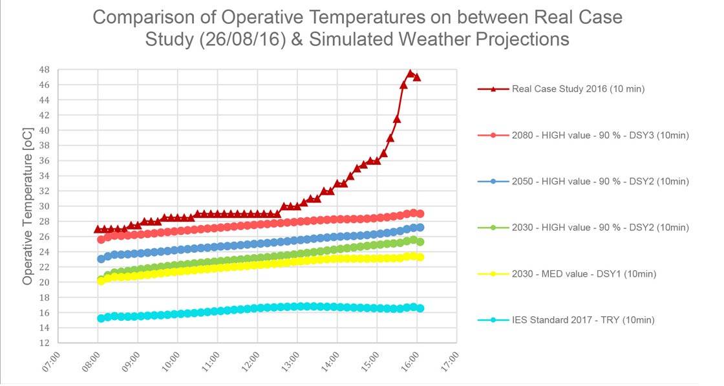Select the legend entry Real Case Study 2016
(578, 89)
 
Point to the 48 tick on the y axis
(44, 69)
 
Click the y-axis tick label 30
(44, 206)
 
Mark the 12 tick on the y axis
(44, 343)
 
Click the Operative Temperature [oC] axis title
(28, 206)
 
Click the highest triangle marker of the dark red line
(410, 74)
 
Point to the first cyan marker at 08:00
(101, 318)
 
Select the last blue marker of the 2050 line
(420, 228)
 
